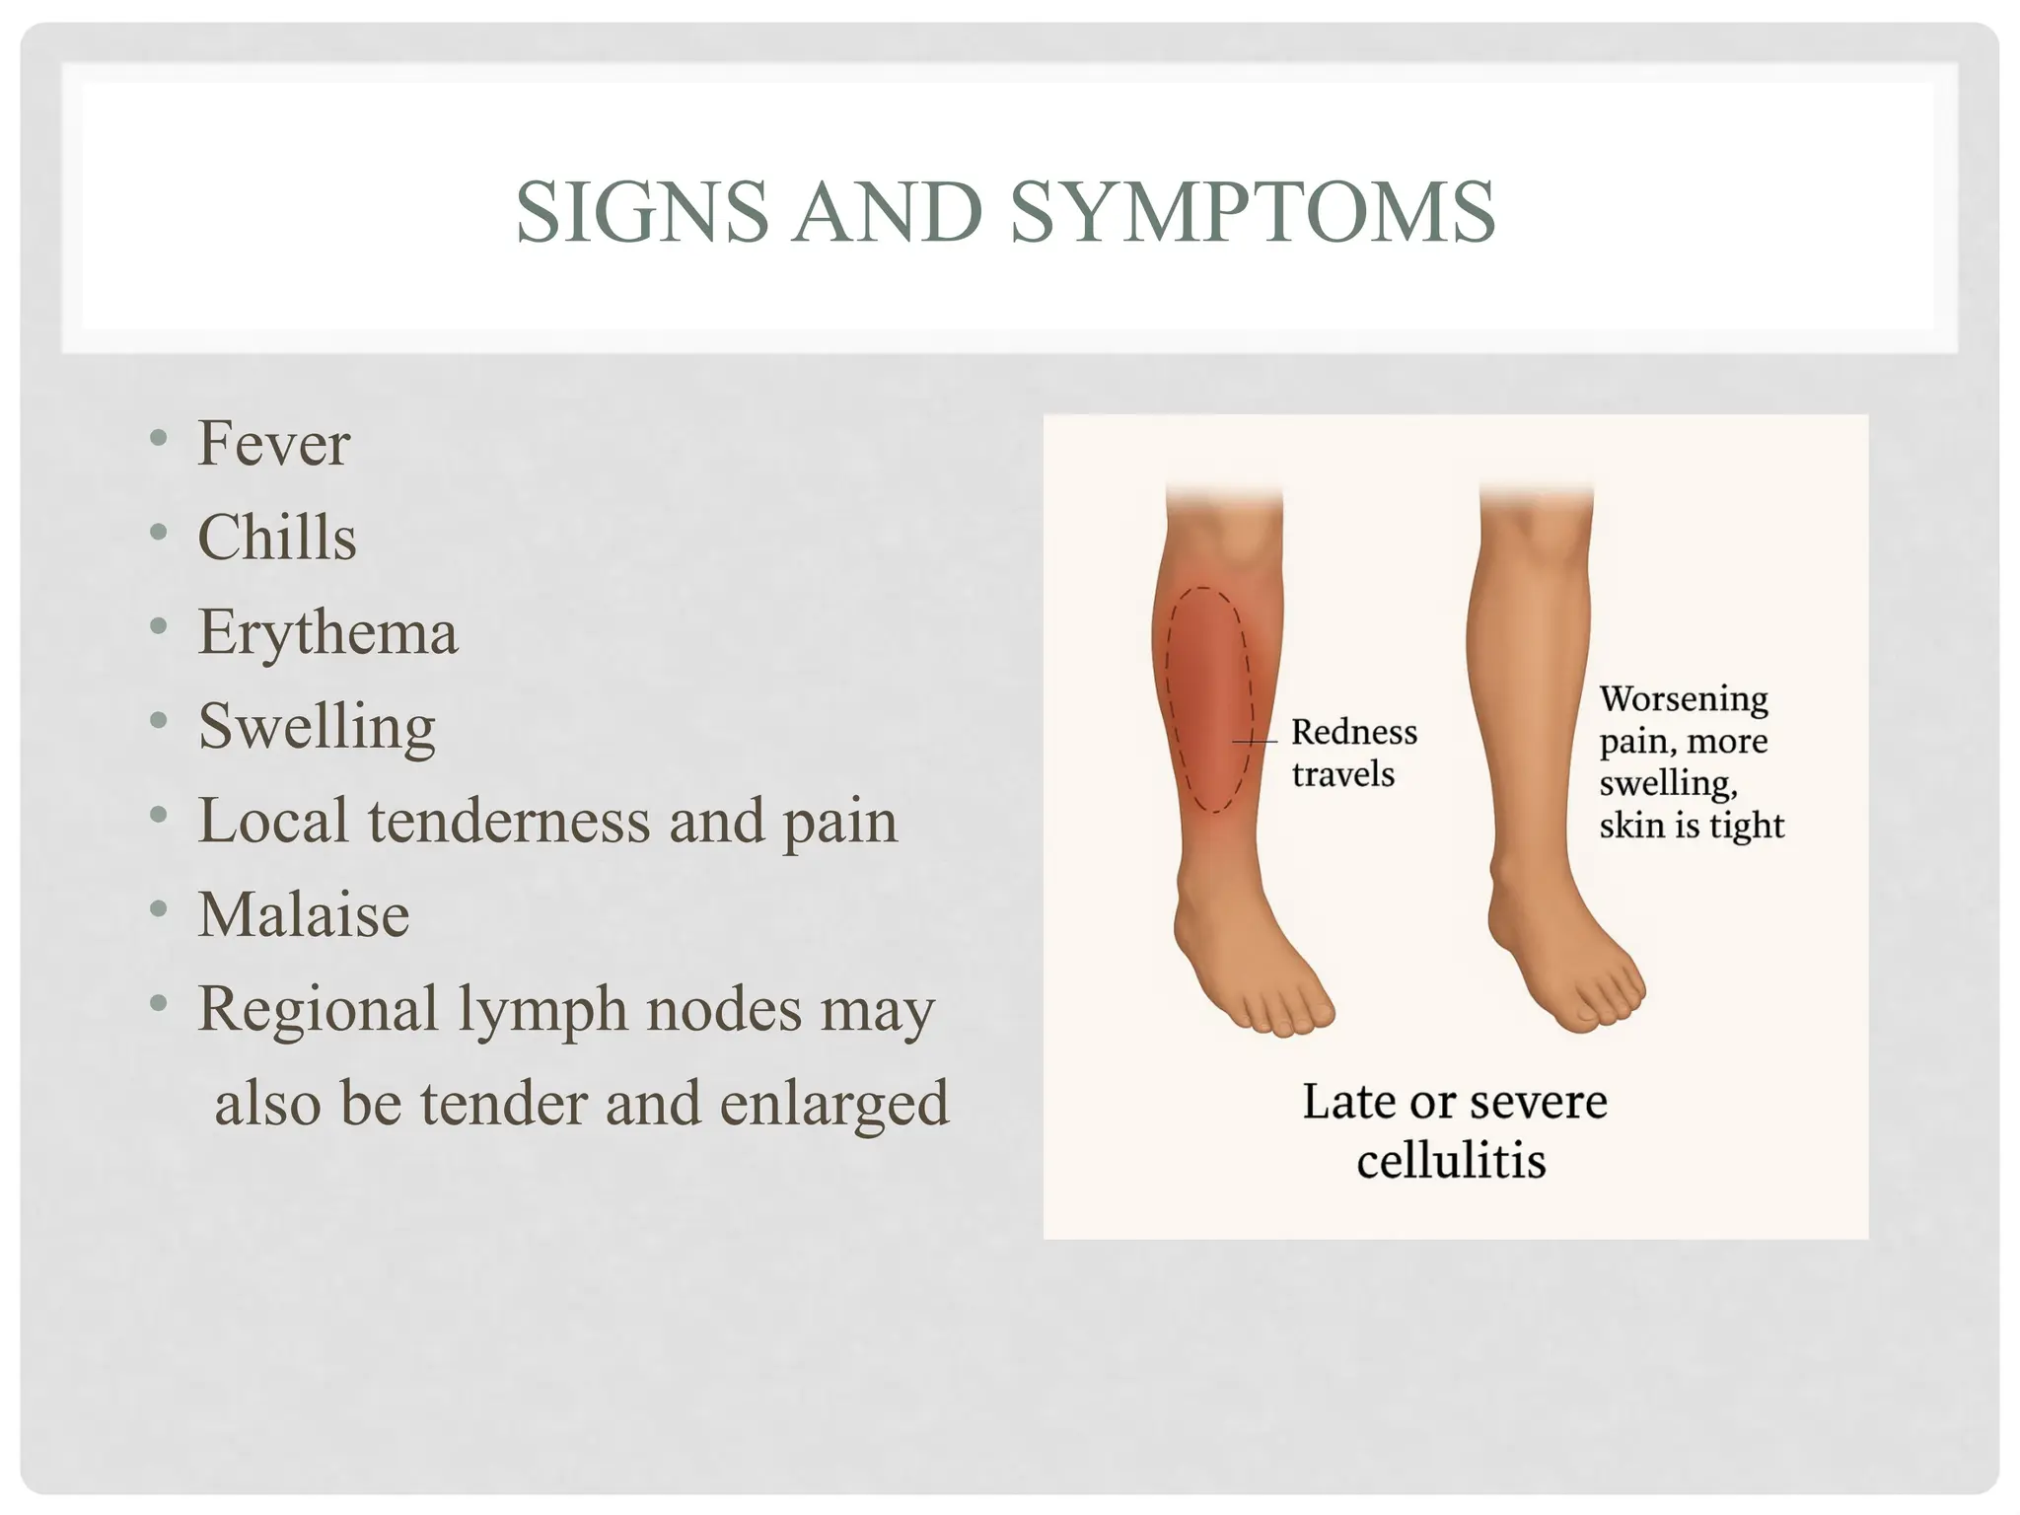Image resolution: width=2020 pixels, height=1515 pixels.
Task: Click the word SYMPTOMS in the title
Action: pos(1253,212)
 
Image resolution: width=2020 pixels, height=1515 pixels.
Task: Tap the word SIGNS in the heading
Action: pos(641,212)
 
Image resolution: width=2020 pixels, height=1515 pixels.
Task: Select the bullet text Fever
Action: pos(273,444)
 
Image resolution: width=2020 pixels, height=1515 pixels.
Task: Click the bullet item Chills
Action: pos(276,538)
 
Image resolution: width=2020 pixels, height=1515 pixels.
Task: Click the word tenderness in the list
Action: pos(509,821)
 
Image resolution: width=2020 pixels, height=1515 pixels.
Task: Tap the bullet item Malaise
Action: pos(303,915)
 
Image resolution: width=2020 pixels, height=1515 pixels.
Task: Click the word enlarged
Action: pos(833,1104)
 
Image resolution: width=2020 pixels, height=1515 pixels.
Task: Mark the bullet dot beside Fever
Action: pos(159,439)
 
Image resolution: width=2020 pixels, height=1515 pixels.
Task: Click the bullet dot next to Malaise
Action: pos(159,910)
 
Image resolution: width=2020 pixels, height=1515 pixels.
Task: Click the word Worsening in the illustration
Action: pos(1683,699)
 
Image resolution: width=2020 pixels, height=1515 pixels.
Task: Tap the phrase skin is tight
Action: pos(1691,826)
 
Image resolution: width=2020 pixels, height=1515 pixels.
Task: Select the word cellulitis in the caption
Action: pos(1450,1161)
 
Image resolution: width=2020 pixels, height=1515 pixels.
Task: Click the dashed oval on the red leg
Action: pos(1209,700)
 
